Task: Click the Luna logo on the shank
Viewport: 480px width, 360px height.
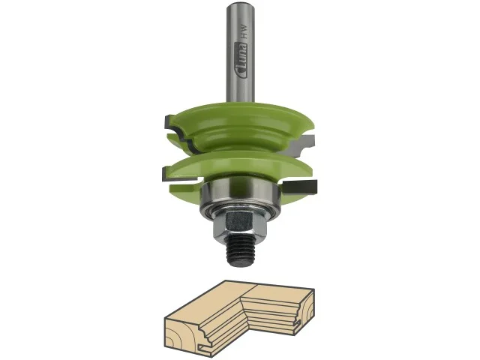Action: tap(241, 60)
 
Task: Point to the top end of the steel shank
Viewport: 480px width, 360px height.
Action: tap(240, 4)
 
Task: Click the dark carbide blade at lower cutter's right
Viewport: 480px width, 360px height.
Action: tap(300, 187)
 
